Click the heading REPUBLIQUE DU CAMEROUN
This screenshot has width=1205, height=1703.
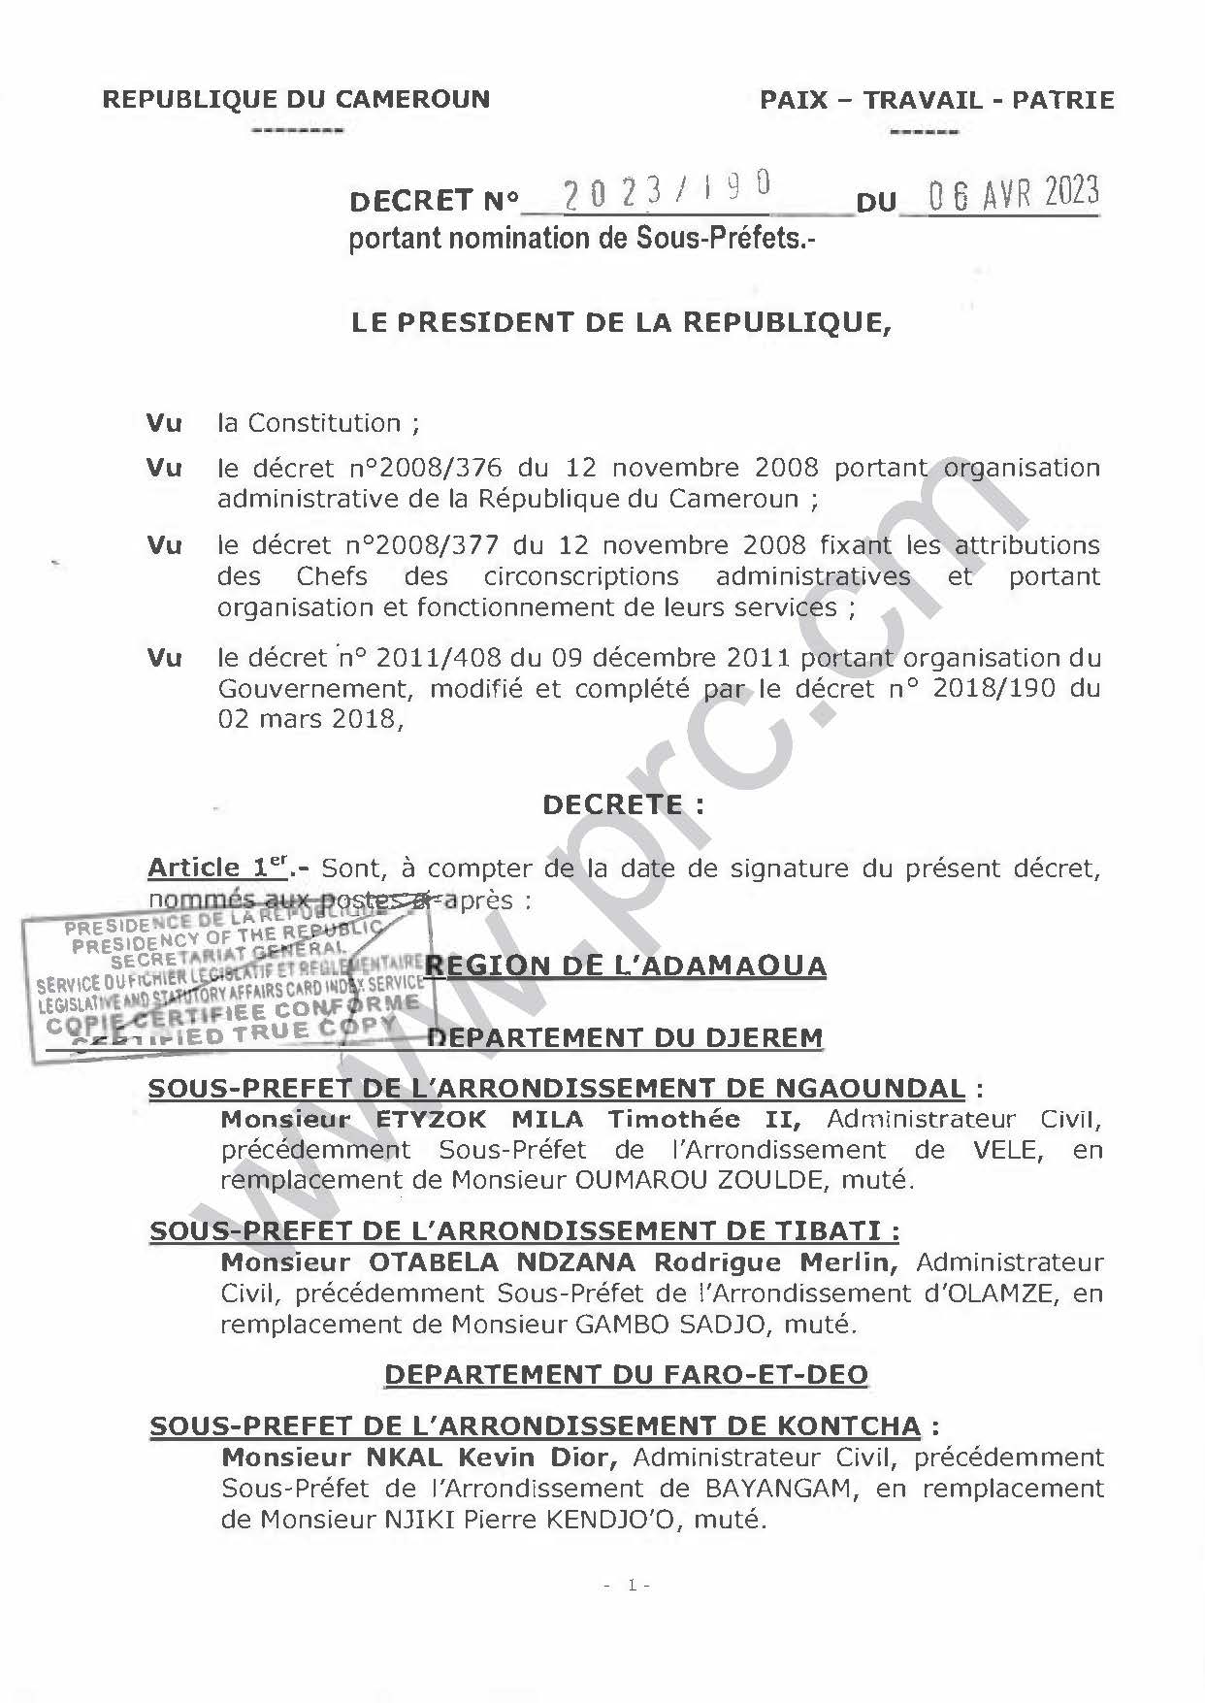pyautogui.click(x=296, y=99)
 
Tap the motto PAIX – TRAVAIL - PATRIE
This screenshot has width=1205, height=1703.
pyautogui.click(x=936, y=100)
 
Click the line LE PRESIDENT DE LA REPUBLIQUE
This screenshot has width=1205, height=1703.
pyautogui.click(x=621, y=323)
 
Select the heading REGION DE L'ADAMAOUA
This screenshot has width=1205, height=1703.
pyautogui.click(x=626, y=966)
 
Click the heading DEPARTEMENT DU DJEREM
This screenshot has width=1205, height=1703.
pyautogui.click(x=625, y=1037)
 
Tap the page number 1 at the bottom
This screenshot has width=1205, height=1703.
pyautogui.click(x=631, y=1586)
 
